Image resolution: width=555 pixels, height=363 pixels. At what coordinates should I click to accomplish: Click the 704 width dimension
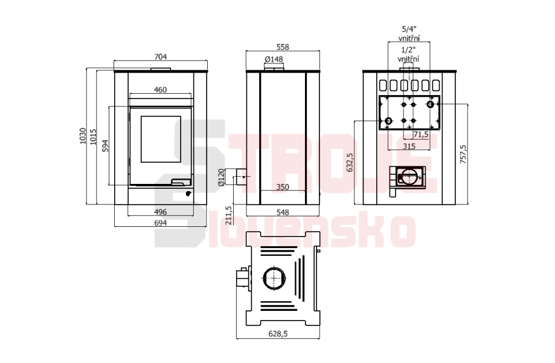coord(161,57)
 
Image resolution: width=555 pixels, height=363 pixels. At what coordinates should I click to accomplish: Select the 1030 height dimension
coord(83,136)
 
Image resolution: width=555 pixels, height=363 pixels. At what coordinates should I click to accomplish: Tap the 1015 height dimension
coord(93,137)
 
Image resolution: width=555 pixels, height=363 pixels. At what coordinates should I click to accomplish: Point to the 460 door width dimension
coord(161,90)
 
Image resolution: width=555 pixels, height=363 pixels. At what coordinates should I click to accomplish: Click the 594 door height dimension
coord(105,146)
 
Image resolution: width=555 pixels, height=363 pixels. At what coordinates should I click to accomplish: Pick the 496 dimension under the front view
coord(161,212)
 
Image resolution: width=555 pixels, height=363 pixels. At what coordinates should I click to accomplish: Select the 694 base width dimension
coord(161,223)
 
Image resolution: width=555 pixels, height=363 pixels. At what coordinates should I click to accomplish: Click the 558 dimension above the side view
coord(283,47)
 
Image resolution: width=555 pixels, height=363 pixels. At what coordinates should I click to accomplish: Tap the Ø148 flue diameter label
coord(274,59)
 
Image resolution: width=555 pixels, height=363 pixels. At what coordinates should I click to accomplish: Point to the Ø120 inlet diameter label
coord(221,177)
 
